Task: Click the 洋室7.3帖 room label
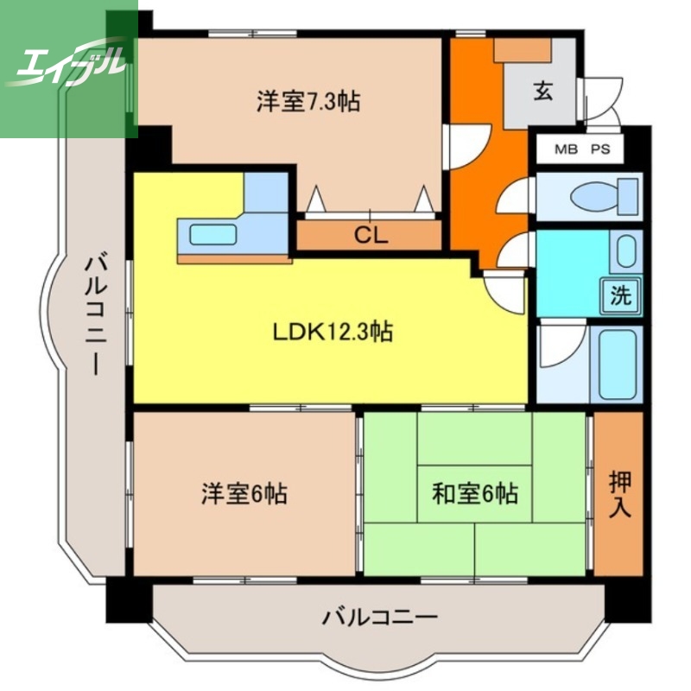coord(307,102)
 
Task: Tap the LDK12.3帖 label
coord(333,331)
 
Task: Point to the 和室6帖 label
coord(475,494)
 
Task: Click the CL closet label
coord(370,235)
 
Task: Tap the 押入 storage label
coord(618,492)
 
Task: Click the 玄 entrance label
coord(542,91)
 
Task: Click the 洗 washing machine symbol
coord(621,295)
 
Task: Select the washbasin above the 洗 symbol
coord(626,251)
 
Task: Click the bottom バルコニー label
coord(381,618)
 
